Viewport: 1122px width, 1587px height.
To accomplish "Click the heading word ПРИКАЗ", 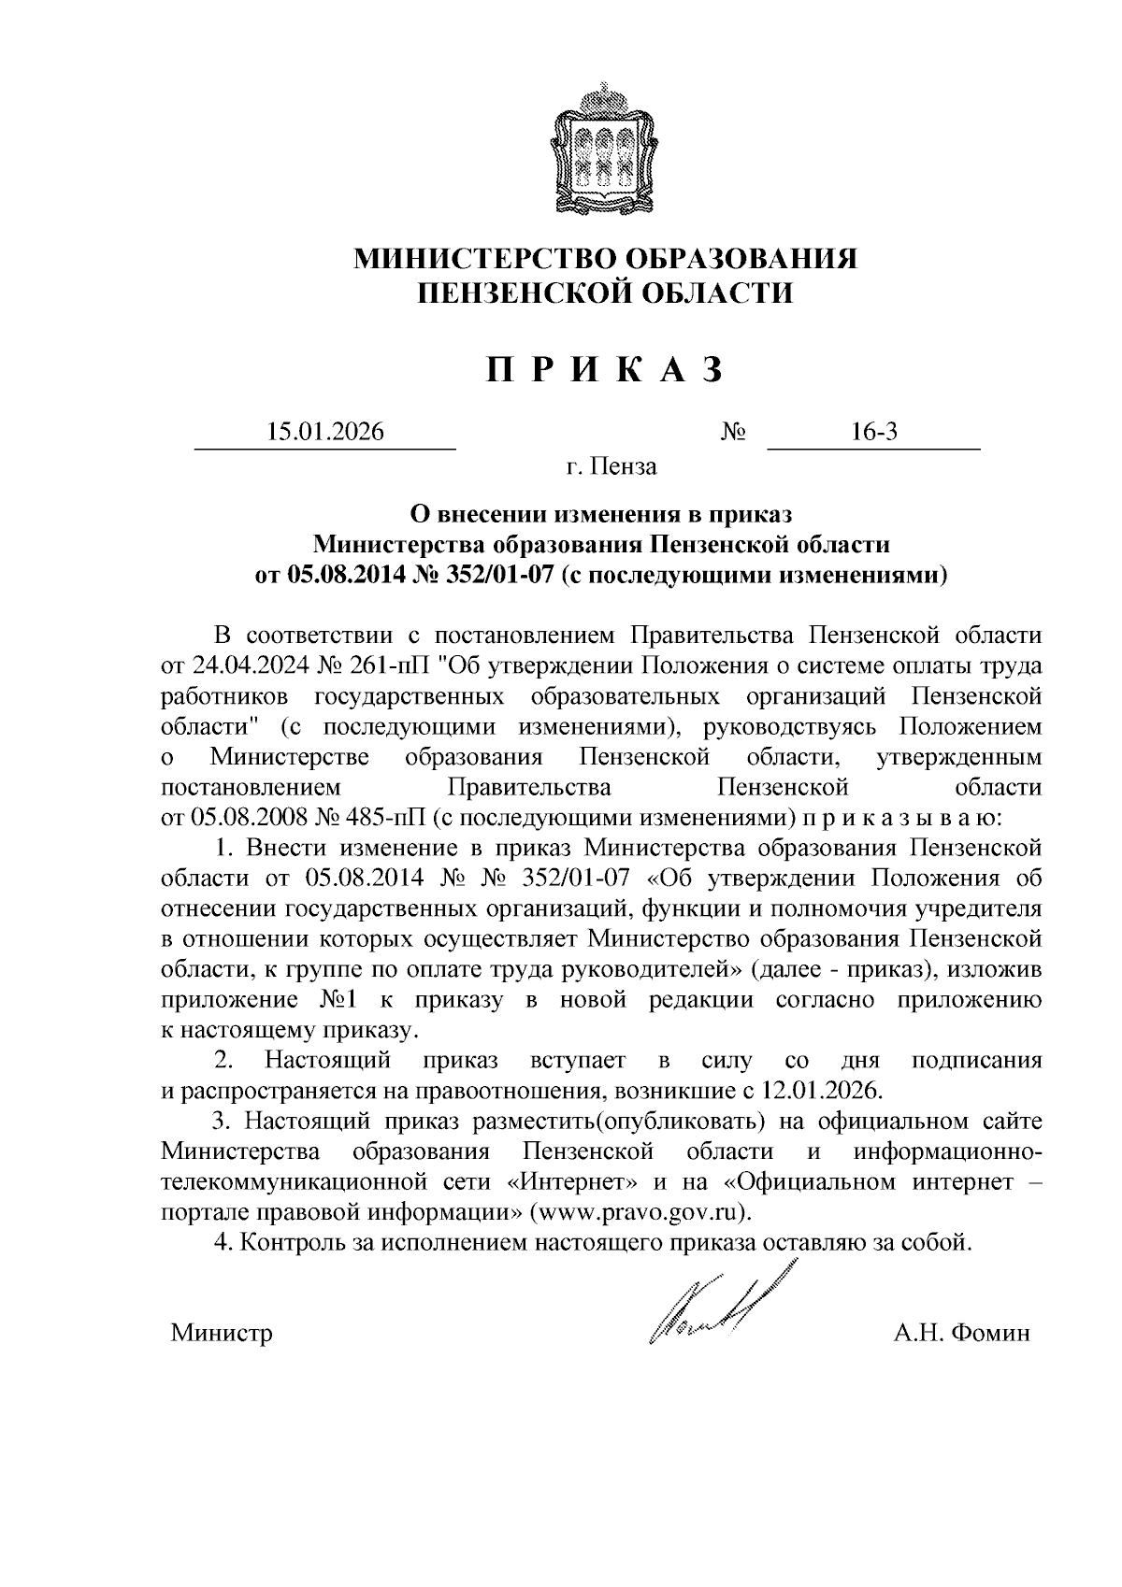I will tap(605, 371).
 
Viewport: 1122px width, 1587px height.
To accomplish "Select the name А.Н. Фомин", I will tap(961, 1333).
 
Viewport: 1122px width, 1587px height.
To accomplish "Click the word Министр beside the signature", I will tap(222, 1333).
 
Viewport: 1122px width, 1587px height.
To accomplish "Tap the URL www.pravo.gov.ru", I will tap(640, 1211).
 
